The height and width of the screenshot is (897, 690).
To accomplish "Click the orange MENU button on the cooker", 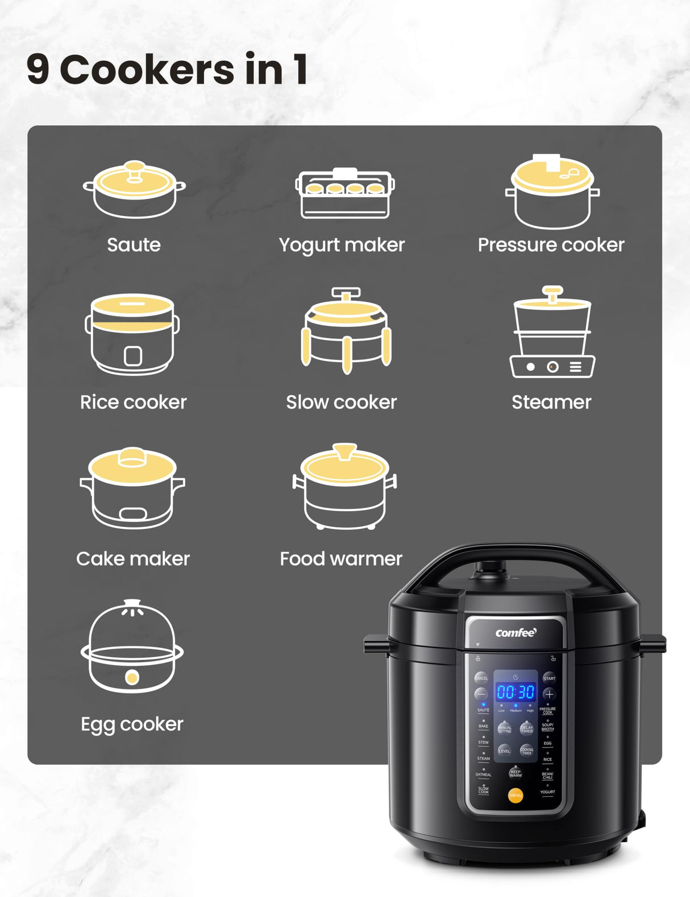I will click(516, 795).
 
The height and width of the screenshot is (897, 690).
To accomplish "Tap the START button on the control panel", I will click(549, 678).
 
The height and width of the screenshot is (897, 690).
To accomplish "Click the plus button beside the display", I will click(549, 694).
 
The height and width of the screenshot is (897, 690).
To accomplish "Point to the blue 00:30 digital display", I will click(516, 692).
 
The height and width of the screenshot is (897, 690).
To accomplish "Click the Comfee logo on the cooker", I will click(516, 633).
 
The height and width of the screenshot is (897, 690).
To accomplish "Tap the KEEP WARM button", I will click(516, 773).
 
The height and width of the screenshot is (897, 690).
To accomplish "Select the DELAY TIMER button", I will click(527, 728).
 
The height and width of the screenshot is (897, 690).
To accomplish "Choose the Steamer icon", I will click(552, 333).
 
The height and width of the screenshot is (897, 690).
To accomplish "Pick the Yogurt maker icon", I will click(345, 193).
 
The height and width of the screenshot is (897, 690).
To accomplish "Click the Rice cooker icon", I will click(132, 334).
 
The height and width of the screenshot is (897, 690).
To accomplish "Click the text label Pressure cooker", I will click(551, 245).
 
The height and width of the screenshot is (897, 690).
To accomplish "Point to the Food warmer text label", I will click(341, 559).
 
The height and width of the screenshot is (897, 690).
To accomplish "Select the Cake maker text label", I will click(133, 559).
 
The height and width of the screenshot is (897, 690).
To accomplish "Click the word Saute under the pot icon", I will click(134, 245).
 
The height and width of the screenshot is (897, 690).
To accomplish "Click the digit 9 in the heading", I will click(38, 70).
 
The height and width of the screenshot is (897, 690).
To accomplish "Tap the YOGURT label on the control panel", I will click(547, 792).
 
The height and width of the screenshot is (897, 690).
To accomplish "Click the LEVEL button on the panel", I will click(505, 751).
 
